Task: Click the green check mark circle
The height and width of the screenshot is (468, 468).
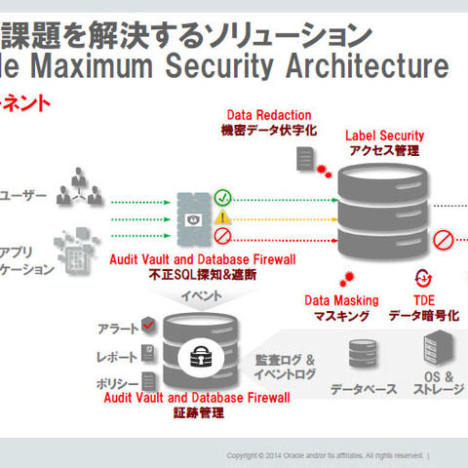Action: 222,196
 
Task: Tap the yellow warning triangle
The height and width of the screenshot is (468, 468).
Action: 222,216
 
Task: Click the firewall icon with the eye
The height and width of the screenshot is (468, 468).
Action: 191,216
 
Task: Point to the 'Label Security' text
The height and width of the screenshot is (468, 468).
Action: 384,135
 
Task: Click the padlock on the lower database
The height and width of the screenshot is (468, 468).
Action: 202,353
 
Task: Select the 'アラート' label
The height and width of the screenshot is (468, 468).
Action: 117,328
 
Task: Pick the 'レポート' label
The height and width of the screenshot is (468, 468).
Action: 117,356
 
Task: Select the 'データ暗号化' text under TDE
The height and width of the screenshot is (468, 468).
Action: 423,315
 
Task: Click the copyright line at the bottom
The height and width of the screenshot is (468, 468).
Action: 328,455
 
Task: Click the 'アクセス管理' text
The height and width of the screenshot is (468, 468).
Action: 384,150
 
